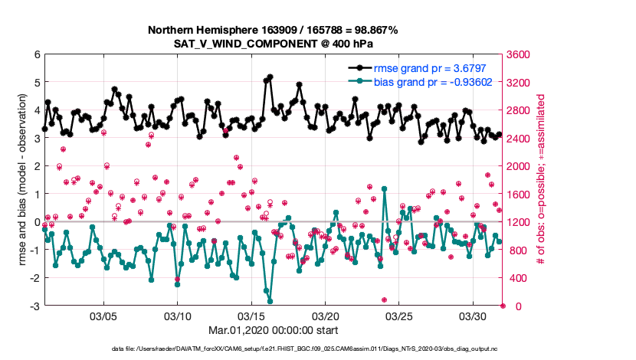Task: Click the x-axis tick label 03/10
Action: point(178,316)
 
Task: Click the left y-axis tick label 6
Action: point(37,54)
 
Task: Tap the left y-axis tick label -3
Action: point(34,306)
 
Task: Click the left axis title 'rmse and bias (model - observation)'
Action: point(22,180)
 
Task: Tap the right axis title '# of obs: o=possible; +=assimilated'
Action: point(542,180)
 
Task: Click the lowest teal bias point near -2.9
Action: point(270,302)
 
